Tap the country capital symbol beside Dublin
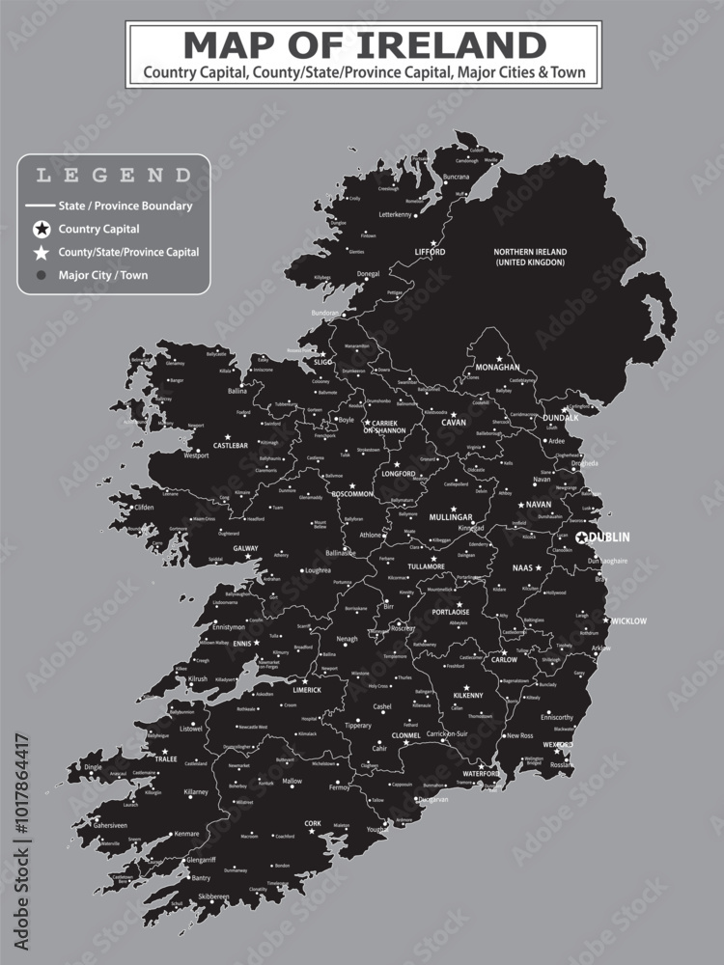tap(582, 538)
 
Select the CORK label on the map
tap(312, 824)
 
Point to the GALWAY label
tap(246, 548)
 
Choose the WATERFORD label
tap(480, 774)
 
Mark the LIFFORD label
tap(430, 252)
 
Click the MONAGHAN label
tap(497, 368)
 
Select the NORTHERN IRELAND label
tap(530, 257)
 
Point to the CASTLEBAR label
tap(231, 446)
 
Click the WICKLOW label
tap(628, 621)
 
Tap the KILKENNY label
tap(467, 696)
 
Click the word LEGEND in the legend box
tap(113, 176)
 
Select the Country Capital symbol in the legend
tap(41, 230)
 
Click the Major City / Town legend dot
tap(41, 275)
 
